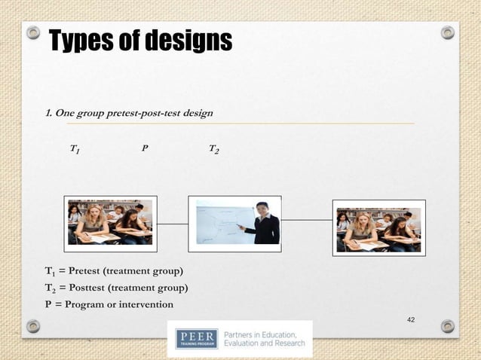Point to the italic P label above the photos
(x=145, y=149)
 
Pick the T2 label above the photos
(x=214, y=150)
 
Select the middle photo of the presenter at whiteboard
(x=238, y=222)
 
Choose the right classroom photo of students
(x=378, y=227)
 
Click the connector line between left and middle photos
(x=173, y=224)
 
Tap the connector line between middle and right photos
(x=306, y=221)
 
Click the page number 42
(x=411, y=321)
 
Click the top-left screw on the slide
(x=32, y=32)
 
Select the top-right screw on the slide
(x=448, y=32)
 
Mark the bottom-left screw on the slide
(x=32, y=326)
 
